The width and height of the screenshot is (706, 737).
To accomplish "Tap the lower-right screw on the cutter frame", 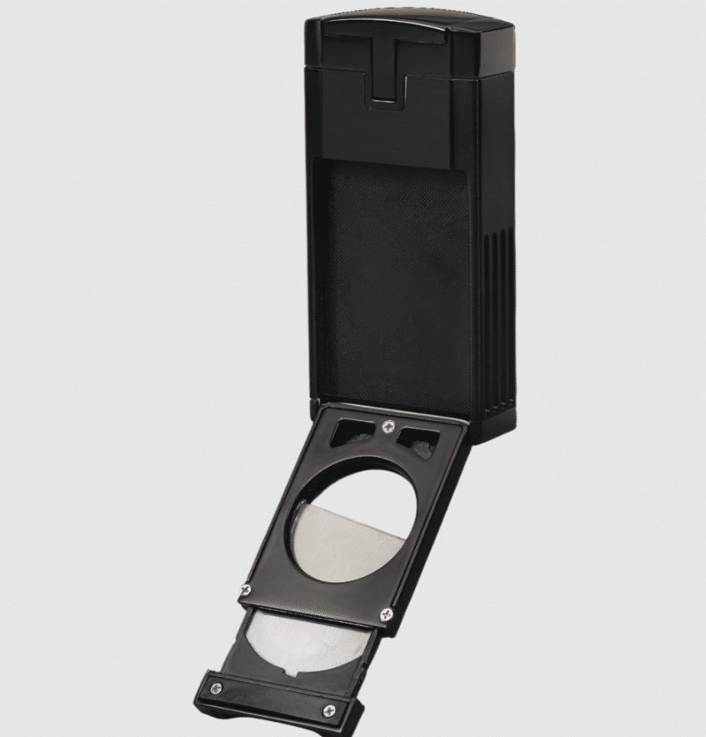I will (x=385, y=614).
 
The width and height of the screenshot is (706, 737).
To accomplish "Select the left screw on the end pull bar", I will (x=218, y=688).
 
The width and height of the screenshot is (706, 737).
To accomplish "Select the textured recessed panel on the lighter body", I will (x=392, y=275).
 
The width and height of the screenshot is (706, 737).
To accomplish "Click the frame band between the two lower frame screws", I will (x=315, y=601).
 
